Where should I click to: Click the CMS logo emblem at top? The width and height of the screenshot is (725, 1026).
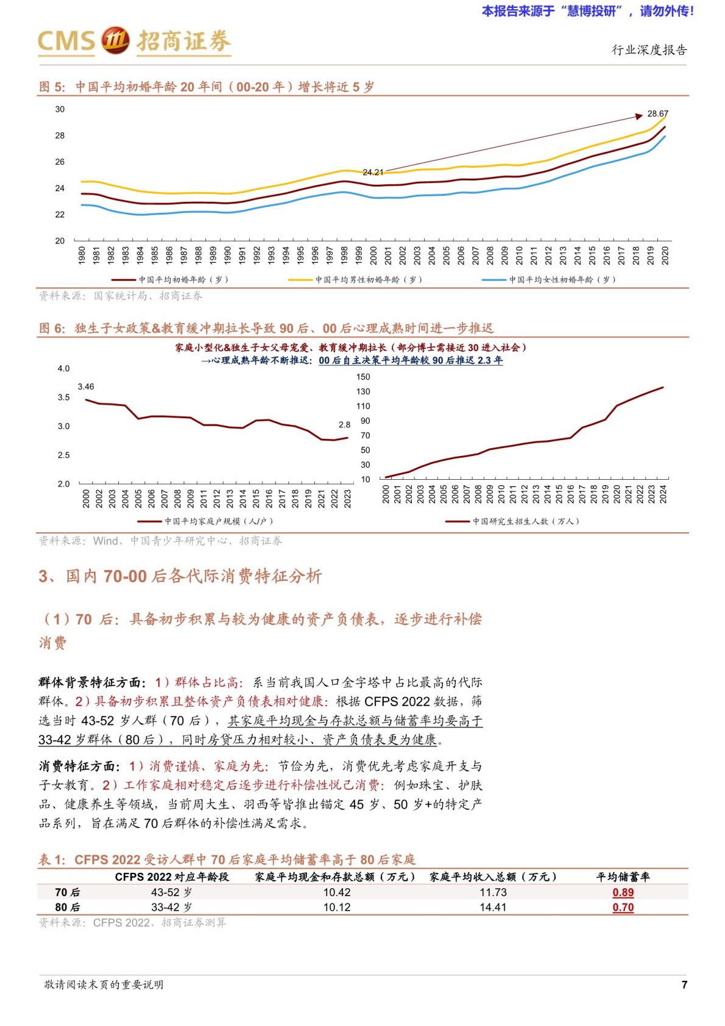click(115, 40)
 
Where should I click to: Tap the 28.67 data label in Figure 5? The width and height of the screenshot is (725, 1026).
click(657, 113)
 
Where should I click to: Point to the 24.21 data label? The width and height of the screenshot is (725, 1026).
click(373, 173)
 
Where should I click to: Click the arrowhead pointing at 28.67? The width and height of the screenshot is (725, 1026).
click(638, 115)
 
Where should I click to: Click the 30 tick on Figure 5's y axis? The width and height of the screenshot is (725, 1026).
click(60, 109)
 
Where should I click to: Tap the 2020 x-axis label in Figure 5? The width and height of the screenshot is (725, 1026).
click(665, 255)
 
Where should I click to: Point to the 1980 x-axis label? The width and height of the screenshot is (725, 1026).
click(82, 255)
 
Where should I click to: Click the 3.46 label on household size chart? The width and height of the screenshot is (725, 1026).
click(86, 387)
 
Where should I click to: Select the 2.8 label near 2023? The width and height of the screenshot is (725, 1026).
click(344, 424)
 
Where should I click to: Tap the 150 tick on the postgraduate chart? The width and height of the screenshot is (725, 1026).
click(363, 377)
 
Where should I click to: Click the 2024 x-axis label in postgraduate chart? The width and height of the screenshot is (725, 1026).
click(663, 494)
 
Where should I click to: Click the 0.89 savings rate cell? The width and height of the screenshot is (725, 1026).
click(623, 892)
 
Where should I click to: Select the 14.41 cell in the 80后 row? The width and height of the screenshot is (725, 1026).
click(493, 907)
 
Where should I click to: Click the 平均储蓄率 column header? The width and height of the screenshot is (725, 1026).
click(623, 877)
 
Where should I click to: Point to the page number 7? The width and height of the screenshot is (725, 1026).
click(684, 985)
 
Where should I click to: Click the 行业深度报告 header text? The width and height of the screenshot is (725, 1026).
click(649, 50)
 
